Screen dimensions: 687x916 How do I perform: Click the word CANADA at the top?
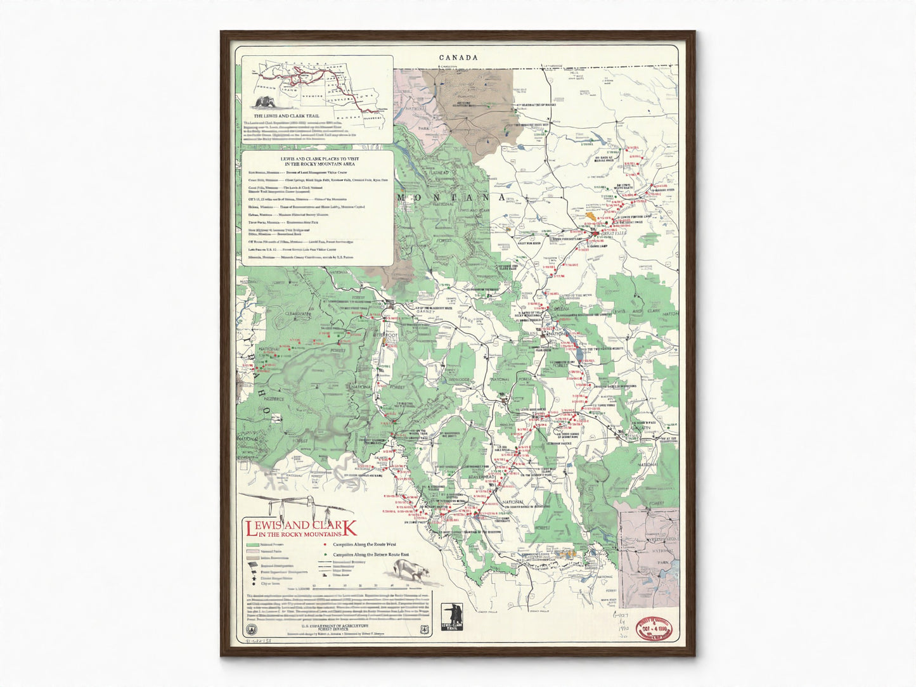coord(458,58)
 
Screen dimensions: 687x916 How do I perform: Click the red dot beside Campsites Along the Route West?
coord(325,544)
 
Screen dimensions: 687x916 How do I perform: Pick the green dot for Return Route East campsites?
coord(325,554)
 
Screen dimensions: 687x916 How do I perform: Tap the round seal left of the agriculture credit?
coord(250,628)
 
